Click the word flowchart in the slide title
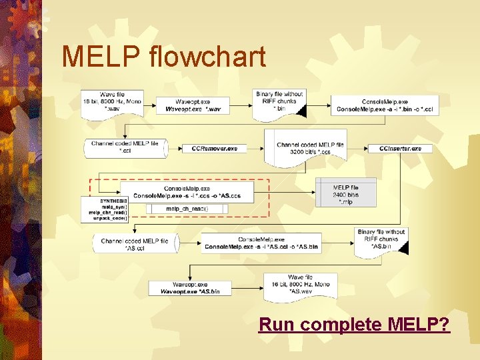(209, 57)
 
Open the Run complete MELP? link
(354, 325)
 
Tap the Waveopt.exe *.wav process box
(193, 105)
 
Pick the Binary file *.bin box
(279, 103)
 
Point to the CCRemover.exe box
(215, 148)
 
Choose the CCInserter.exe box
(395, 148)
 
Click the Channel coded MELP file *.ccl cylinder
(125, 147)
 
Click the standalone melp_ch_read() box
(187, 209)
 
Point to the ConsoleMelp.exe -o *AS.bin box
(261, 243)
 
